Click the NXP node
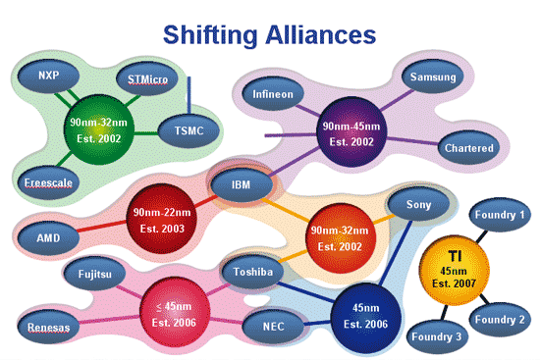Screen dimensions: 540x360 [47, 76]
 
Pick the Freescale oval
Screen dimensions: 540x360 [47, 181]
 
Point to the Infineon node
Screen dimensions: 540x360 [273, 97]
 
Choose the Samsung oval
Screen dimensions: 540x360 [433, 77]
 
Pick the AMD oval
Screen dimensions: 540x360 [47, 238]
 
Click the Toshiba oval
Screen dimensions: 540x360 [252, 270]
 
